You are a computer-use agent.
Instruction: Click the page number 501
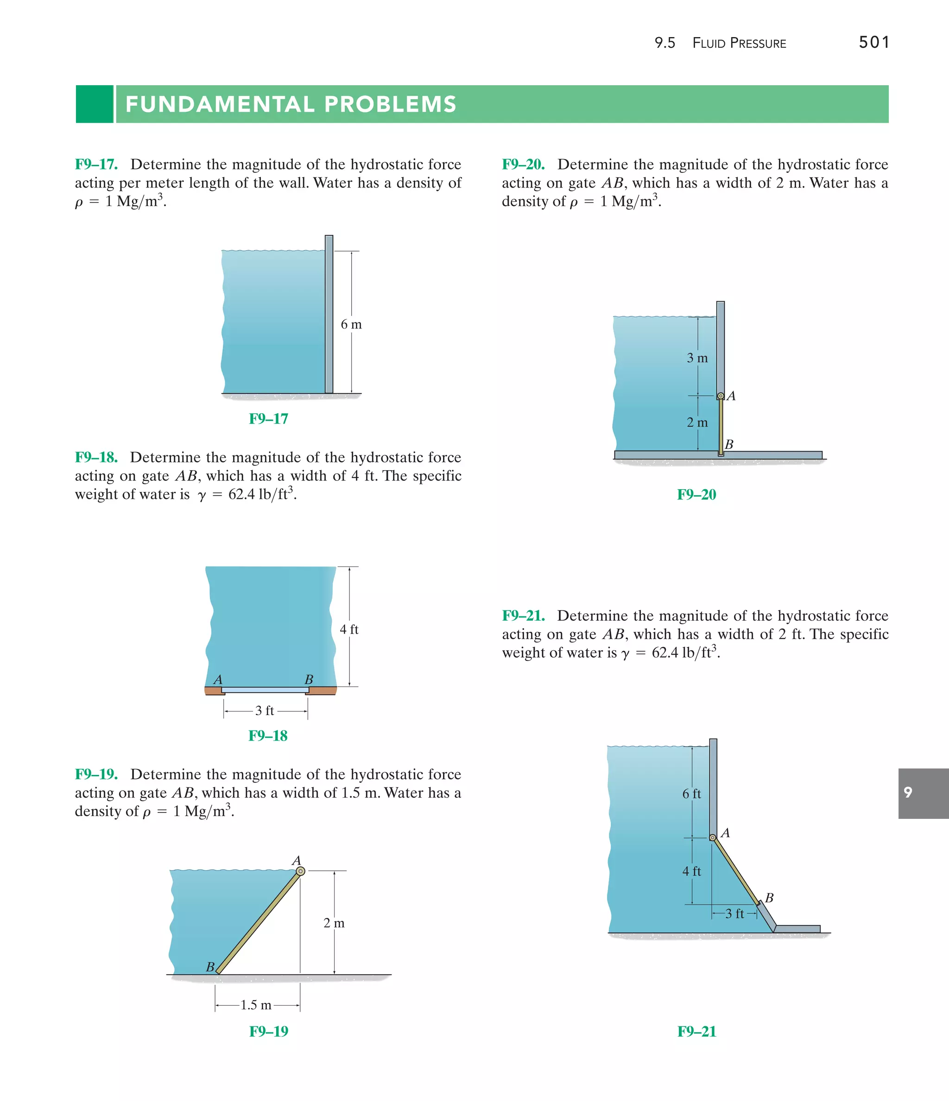873,43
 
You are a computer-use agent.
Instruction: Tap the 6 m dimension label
351,324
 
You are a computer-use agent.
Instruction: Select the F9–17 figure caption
268,419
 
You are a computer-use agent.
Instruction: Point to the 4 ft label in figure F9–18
349,629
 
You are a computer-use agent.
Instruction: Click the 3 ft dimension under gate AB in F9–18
264,711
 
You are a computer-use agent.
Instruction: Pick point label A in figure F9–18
217,679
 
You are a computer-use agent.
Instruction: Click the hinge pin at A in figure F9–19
300,871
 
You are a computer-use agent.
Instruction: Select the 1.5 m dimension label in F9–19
256,1005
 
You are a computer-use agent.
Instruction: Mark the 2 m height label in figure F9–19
334,923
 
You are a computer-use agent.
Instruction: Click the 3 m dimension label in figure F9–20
697,358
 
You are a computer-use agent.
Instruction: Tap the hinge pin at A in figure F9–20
721,396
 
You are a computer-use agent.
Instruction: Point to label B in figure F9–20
729,444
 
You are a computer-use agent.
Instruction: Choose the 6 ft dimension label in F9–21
692,793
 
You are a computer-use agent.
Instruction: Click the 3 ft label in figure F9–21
735,913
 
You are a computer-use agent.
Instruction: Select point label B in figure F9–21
769,898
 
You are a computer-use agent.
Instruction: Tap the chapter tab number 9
908,792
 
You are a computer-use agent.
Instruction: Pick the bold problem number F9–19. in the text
96,774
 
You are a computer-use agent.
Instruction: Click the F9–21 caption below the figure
696,1032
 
